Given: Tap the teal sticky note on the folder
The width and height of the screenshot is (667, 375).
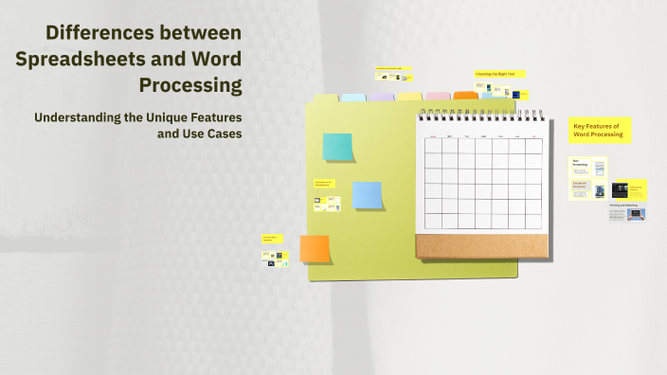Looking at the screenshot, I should coord(337,147).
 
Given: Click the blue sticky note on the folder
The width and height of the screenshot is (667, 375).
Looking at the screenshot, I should coord(367,195).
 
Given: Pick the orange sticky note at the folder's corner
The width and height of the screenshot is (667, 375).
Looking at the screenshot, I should coord(315,248).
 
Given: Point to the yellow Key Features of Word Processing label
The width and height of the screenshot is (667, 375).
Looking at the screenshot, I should coord(600,130).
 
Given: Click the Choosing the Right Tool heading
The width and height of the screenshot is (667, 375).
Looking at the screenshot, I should coord(500,73).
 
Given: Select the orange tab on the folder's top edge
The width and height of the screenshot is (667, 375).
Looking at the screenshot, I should coord(466,96).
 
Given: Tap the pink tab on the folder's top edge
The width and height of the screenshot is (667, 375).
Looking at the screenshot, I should coord(438,96).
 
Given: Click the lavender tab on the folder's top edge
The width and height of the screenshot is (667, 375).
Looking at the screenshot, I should coord(381,97).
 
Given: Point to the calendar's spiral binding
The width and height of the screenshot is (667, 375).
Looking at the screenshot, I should coord(483,114).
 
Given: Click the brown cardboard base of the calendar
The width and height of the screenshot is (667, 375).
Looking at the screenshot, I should coord(483,245).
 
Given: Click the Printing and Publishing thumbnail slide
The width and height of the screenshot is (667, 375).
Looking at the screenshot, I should coord(627,212).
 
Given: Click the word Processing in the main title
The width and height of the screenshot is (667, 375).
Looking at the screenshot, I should coord(190,85).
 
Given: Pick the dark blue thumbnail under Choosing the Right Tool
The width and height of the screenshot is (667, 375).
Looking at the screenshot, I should coord(488,91).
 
